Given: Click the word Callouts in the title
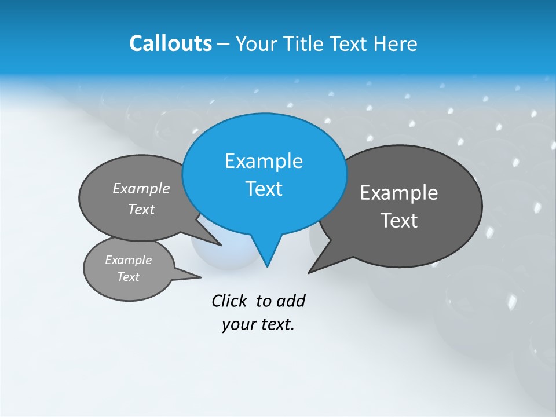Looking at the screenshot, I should (170, 43).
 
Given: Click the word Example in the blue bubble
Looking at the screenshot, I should (264, 161).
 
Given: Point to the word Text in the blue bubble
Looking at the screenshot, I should (264, 189).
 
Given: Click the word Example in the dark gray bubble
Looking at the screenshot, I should (399, 193).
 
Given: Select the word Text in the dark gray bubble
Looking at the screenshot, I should (399, 221).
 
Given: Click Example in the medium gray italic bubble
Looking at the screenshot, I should (141, 189).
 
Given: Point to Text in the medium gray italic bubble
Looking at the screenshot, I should (141, 210).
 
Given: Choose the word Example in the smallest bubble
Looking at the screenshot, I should (129, 260).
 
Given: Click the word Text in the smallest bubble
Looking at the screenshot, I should (129, 277).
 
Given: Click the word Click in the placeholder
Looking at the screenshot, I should (230, 301).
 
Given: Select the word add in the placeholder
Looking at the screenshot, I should (291, 301).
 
